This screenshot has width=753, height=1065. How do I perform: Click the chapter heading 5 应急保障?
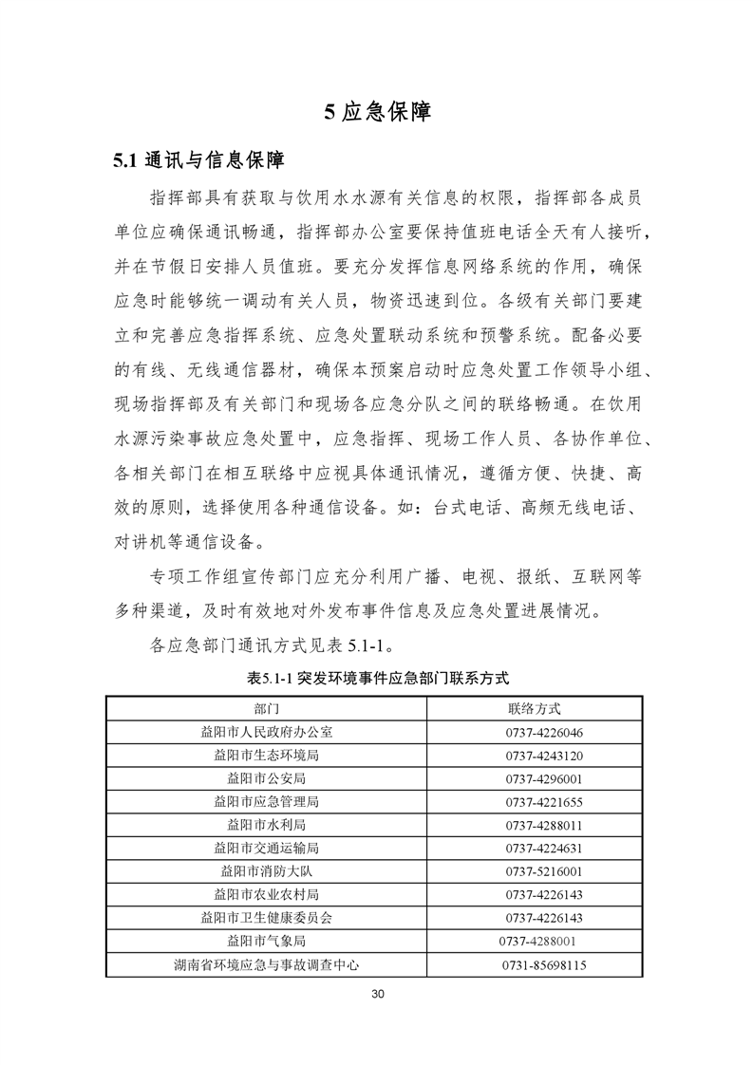[x=377, y=112]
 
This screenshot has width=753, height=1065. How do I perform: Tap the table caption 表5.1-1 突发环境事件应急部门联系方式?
[x=378, y=679]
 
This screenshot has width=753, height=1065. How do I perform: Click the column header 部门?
[x=267, y=708]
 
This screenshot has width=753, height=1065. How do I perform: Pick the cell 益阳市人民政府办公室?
[x=267, y=732]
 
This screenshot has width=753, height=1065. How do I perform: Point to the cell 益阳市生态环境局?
[x=267, y=756]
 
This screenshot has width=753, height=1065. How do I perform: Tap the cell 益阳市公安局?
[x=267, y=778]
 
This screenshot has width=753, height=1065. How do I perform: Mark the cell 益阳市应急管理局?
[x=267, y=802]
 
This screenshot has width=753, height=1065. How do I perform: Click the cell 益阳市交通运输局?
[x=267, y=848]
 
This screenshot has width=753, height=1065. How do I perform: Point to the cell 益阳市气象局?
[x=267, y=941]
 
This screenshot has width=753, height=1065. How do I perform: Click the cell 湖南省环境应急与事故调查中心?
[x=267, y=964]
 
